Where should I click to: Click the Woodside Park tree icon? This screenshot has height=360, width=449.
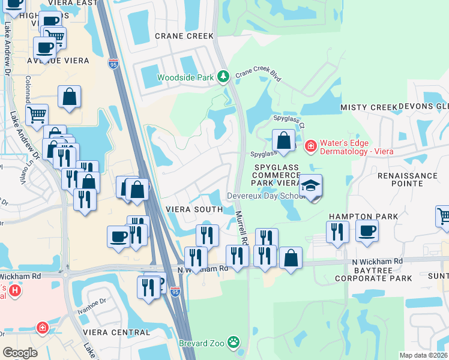point(223,77)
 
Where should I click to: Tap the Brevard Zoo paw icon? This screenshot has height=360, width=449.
point(233,343)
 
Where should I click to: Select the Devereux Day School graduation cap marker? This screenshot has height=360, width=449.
point(311,186)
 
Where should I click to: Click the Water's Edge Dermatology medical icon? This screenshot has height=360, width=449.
point(310,145)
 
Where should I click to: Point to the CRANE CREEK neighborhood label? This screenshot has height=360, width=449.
point(184,36)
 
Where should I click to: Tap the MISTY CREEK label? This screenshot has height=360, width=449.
point(369,107)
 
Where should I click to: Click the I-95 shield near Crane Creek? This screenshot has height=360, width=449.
point(114,62)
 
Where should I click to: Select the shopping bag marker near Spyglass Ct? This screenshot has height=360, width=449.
point(283,140)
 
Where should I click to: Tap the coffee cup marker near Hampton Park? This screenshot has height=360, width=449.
point(367,230)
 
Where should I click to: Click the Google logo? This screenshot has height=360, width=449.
point(20,353)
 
